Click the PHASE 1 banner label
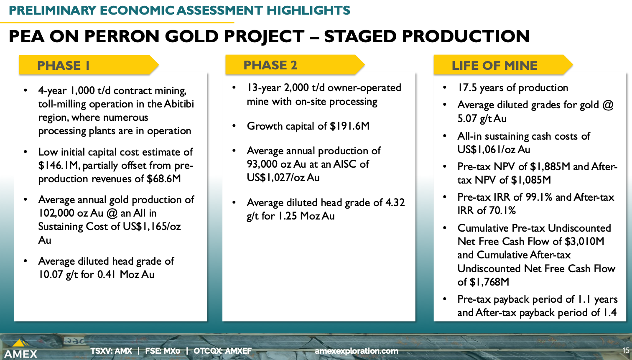[x=64, y=66]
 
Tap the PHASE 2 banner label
[x=270, y=65]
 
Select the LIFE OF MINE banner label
[x=494, y=66]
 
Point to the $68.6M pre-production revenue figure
[x=164, y=179]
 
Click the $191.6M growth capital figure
[x=349, y=126]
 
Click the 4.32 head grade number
[x=395, y=202]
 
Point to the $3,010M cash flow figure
[x=584, y=241]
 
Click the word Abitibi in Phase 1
[x=179, y=104]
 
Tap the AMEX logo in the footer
[x=20, y=349]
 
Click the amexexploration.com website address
[x=357, y=351]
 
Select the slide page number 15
[x=626, y=350]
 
